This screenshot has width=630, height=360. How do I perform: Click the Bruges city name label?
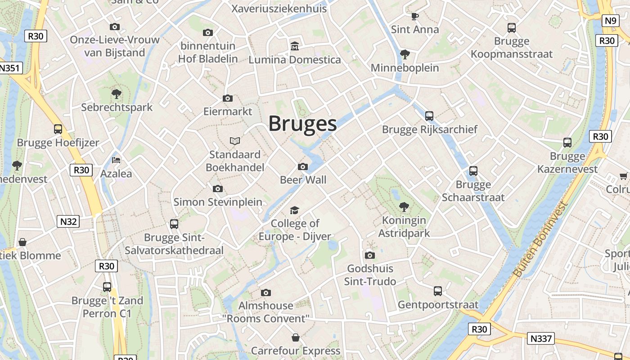click(302, 124)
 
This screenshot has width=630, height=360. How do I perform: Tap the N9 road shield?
click(610, 21)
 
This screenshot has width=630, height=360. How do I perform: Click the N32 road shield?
click(68, 221)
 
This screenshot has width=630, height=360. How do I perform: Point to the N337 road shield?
click(540, 338)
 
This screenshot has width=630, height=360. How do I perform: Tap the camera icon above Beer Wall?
click(303, 167)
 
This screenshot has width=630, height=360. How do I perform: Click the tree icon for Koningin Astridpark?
click(404, 207)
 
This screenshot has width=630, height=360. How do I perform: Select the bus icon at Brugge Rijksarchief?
click(429, 116)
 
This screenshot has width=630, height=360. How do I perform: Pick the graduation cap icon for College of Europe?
click(294, 210)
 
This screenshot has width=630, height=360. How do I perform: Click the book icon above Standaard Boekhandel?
click(234, 141)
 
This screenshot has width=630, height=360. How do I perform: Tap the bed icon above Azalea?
click(116, 160)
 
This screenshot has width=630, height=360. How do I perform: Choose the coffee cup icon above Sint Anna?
click(414, 17)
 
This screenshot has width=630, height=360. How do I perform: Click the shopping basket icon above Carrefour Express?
click(296, 337)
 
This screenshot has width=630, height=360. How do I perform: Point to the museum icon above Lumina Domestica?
click(295, 46)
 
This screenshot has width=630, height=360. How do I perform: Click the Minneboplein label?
click(405, 68)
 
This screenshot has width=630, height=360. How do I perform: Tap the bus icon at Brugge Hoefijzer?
click(58, 129)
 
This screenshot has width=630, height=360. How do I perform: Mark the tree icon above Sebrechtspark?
click(117, 94)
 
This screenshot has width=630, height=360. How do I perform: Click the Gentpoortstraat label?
click(438, 305)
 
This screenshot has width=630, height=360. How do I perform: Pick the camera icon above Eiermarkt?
click(228, 98)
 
